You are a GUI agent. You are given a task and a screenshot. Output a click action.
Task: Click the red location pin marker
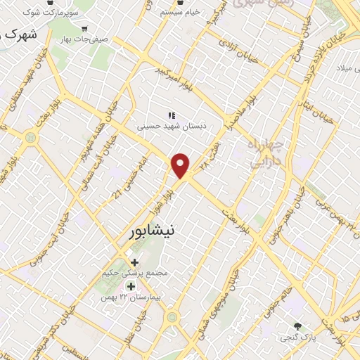pos(181,165)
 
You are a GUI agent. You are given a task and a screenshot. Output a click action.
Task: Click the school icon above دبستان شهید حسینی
pos(170,115)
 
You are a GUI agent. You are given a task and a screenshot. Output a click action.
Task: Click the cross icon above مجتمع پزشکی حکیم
pos(135,263)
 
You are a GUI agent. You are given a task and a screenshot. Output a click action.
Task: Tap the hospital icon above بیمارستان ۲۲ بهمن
pos(131,287)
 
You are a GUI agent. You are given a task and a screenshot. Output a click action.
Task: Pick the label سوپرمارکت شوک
pos(49,13)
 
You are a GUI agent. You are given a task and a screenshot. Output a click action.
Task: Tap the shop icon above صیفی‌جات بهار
pos(85,30)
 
